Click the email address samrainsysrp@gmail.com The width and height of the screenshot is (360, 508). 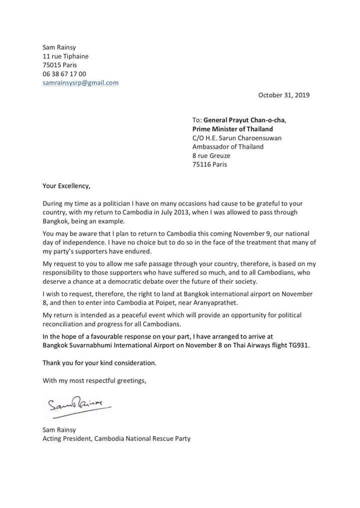[80, 83]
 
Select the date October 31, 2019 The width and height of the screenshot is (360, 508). [283, 95]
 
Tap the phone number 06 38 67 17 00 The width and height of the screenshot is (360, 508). [64, 74]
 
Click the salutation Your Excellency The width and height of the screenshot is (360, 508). [67, 186]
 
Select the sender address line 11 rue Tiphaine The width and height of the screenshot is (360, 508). [65, 56]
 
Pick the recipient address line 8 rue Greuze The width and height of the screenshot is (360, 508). [211, 156]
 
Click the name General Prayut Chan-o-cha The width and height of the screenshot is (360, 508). [244, 120]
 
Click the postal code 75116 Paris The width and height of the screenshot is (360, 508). [209, 165]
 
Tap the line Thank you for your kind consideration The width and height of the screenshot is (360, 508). [99, 363]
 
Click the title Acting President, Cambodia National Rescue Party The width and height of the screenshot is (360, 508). [116, 440]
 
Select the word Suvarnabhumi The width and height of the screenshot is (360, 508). [93, 346]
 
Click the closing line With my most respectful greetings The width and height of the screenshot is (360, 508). [94, 381]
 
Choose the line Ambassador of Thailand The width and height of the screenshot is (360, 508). [227, 147]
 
